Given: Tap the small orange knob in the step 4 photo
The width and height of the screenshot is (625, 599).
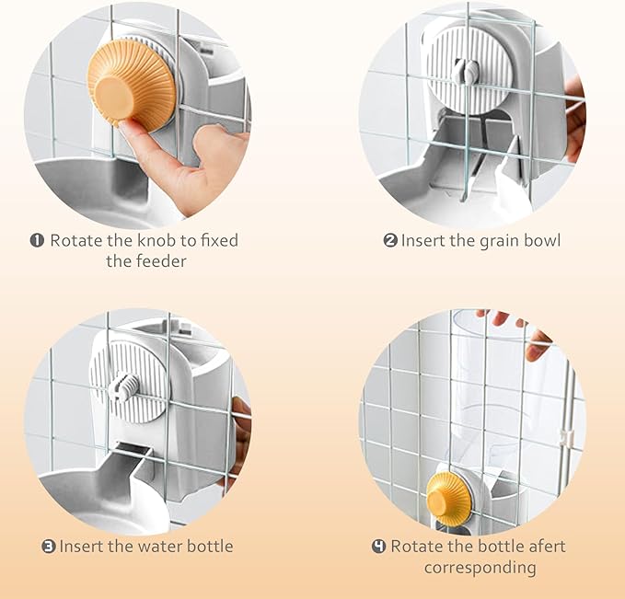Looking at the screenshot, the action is click(449, 496).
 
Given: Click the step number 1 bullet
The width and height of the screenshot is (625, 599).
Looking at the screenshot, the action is click(37, 241).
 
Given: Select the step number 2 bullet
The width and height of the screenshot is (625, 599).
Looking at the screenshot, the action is click(390, 241).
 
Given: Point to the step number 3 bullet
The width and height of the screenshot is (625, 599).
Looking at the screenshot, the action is click(49, 546).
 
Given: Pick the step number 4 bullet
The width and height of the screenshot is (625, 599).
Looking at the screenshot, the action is click(379, 546).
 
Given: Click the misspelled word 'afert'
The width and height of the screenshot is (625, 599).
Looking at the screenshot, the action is click(548, 546).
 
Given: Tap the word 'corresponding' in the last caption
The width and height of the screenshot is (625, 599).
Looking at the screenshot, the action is click(480, 568).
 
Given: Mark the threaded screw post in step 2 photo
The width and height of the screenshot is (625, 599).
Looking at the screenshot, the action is click(465, 70).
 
